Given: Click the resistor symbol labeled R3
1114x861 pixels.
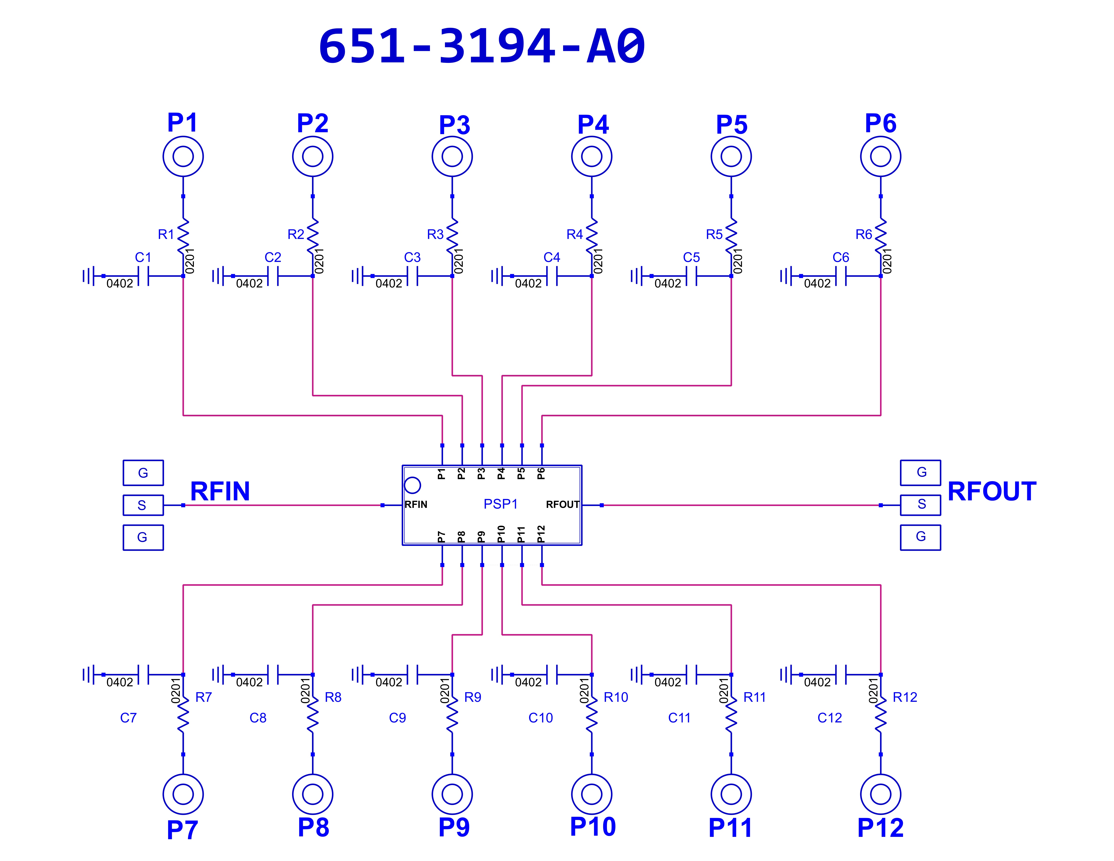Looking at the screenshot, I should tap(452, 236).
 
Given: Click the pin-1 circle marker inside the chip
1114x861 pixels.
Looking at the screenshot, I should tap(412, 485).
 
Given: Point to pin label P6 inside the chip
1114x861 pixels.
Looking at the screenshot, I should tap(541, 473).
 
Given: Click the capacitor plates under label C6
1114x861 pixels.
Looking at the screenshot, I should tap(841, 276).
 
